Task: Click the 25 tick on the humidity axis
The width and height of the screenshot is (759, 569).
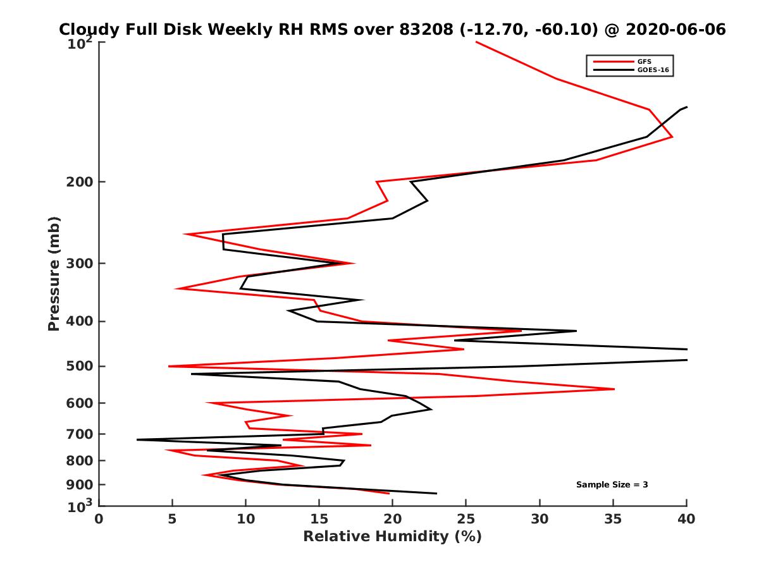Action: pyautogui.click(x=466, y=519)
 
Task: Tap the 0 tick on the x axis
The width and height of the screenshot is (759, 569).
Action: pyautogui.click(x=99, y=519)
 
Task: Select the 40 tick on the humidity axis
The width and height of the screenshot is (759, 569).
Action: pyautogui.click(x=686, y=519)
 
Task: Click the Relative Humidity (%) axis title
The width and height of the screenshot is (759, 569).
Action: pyautogui.click(x=392, y=537)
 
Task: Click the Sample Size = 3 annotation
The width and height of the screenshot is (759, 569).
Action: pyautogui.click(x=612, y=485)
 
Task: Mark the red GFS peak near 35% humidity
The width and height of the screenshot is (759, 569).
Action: pyautogui.click(x=614, y=389)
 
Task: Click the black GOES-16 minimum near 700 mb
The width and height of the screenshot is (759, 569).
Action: pyautogui.click(x=137, y=439)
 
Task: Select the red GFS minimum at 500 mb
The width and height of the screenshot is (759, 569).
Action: pyautogui.click(x=169, y=366)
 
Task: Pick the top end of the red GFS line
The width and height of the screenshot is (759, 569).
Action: pyautogui.click(x=476, y=42)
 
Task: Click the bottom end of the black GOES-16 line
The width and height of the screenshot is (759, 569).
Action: pyautogui.click(x=436, y=493)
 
